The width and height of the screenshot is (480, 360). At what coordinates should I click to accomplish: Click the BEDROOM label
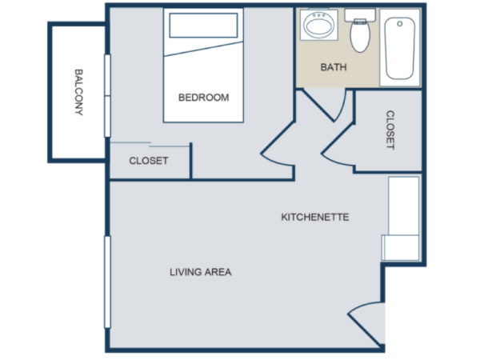pos(203,98)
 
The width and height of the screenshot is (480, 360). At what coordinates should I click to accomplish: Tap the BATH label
pos(334,67)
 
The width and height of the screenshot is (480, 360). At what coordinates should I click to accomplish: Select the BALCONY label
pos(79,92)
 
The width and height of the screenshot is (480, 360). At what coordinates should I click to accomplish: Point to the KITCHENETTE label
pos(315,217)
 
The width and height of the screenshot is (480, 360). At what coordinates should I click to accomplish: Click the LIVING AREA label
pos(201,272)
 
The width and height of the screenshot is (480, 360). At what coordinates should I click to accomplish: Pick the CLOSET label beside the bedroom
pos(149,161)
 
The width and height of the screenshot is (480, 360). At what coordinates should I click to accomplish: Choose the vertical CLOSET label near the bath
pos(390,130)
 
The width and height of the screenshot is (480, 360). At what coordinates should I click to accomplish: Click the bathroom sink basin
pos(318,26)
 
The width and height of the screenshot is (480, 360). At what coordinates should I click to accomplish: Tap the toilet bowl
pos(360,36)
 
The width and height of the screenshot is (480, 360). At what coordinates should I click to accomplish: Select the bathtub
pos(400,48)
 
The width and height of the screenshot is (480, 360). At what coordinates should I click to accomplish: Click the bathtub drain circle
pos(399,23)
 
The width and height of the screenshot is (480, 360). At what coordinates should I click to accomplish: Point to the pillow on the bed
pos(203,26)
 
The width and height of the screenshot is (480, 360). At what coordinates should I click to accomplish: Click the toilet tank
pos(360,14)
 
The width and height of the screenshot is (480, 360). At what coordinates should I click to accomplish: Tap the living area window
pos(107,282)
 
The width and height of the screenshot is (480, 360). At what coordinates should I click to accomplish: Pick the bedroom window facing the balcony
pos(107,96)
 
